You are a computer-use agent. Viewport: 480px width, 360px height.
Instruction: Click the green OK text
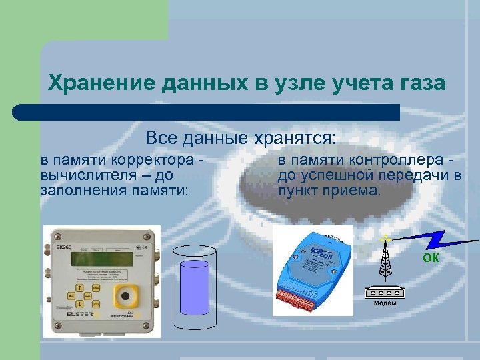tap(431, 258)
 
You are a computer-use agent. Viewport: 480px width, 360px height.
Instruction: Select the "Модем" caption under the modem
tap(385, 303)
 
